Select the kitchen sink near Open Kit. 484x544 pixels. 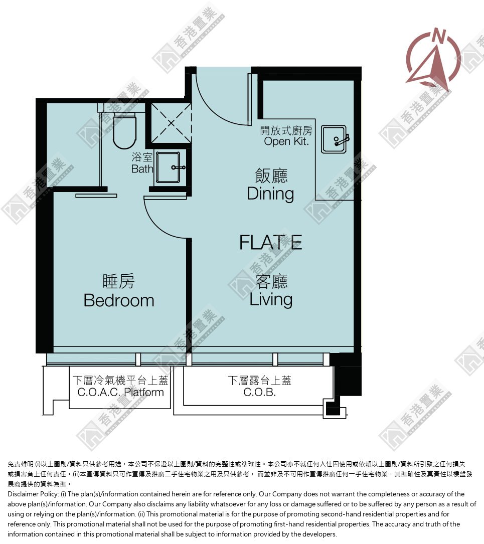(334, 139)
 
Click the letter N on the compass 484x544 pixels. (439, 36)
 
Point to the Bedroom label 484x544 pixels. (119, 300)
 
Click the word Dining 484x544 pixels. (271, 194)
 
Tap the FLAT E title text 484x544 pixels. (271, 243)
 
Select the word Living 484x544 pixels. (271, 300)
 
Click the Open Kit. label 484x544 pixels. (286, 141)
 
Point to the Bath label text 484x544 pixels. (142, 169)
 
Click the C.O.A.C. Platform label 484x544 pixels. (120, 393)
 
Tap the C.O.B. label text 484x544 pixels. (259, 393)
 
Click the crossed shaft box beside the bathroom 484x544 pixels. (172, 123)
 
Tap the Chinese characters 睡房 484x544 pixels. (119, 281)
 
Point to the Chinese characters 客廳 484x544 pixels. (271, 281)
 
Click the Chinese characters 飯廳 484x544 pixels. (271, 175)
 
